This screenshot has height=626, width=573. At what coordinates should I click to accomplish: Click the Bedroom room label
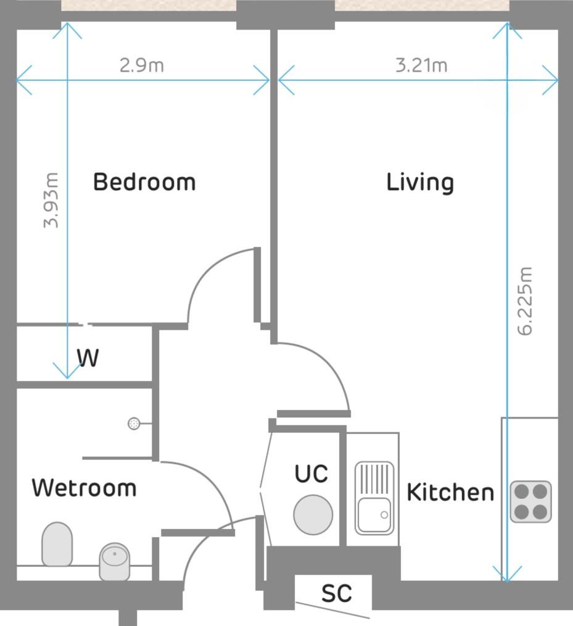(x=144, y=182)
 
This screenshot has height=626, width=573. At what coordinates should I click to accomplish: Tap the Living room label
(x=420, y=183)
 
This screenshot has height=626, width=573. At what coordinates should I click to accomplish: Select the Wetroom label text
(x=84, y=488)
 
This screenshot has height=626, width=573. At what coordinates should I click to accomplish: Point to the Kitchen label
(x=450, y=493)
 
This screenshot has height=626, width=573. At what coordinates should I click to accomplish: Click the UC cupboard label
(x=311, y=474)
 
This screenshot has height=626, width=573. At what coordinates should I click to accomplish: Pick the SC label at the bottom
(x=336, y=593)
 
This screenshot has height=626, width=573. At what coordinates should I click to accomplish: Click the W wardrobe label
(x=88, y=358)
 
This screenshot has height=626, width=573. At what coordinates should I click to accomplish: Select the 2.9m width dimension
(x=142, y=65)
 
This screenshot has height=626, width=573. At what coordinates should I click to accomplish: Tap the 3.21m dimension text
(x=421, y=65)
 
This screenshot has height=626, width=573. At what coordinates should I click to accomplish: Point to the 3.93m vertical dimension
(x=51, y=200)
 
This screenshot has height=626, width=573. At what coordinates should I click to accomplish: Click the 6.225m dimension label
(x=525, y=301)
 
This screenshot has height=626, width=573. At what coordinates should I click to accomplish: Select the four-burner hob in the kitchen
(x=530, y=501)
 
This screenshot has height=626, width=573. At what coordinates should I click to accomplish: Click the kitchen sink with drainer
(x=374, y=498)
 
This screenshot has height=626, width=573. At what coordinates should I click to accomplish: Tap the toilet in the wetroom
(x=57, y=543)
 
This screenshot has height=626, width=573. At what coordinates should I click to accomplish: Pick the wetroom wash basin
(x=115, y=561)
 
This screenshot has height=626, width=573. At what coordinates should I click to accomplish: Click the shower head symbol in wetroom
(x=133, y=424)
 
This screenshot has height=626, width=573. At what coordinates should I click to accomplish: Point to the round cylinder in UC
(x=313, y=514)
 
